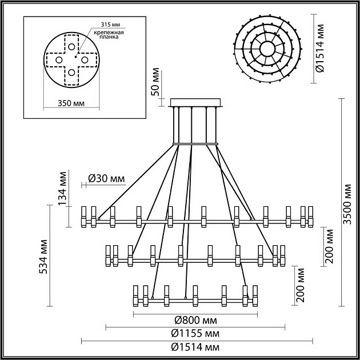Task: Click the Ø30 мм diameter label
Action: (107, 179)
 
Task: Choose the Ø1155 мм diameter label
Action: (195, 333)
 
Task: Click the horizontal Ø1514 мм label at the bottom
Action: (195, 347)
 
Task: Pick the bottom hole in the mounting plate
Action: (70, 73)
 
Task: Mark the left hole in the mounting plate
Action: (58, 60)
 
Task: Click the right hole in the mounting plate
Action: (83, 60)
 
